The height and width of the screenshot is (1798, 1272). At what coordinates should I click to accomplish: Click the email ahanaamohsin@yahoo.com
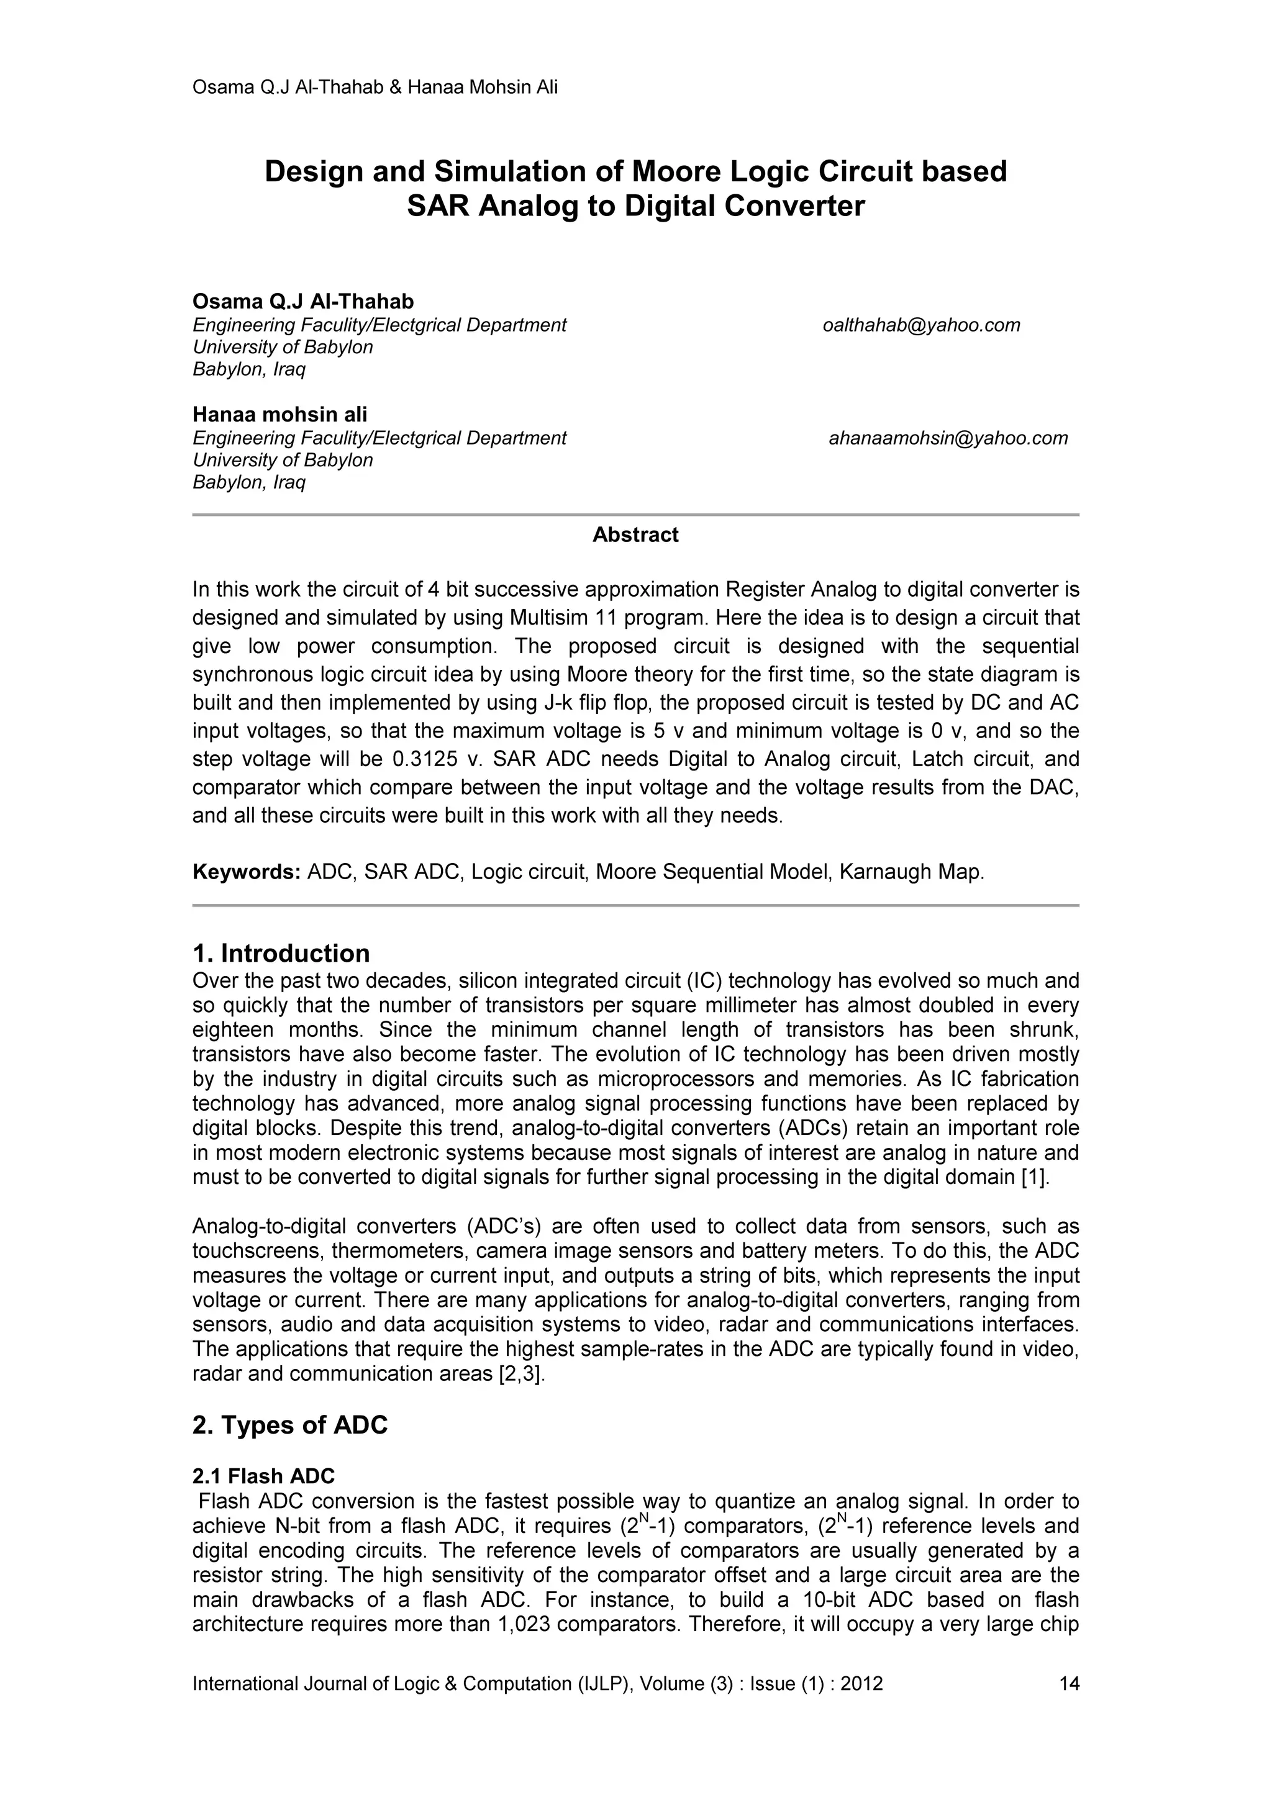(948, 438)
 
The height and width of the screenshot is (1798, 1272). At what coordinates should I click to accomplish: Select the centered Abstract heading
(635, 535)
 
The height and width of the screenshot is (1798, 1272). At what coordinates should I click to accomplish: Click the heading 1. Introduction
(281, 953)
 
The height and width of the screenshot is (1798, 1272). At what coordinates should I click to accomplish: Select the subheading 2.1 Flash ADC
(263, 1476)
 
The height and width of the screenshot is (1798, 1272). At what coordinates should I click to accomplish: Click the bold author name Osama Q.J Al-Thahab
(303, 302)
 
